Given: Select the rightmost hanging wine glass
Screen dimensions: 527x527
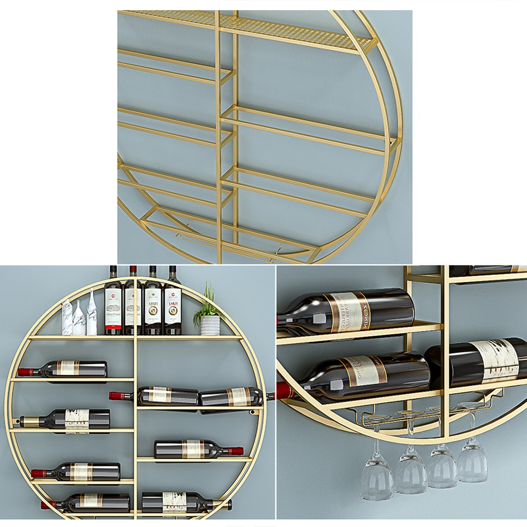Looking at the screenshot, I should tap(472, 464).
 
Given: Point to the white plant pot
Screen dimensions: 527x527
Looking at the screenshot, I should tap(209, 325).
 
